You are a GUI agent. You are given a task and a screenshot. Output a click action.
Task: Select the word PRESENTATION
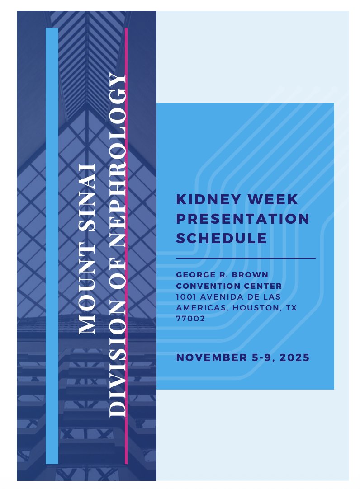[243, 219]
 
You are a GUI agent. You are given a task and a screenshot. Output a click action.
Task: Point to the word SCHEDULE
[221, 238]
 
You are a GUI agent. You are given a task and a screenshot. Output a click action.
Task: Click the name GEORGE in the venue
[194, 275]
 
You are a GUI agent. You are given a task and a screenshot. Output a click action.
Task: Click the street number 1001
[185, 297]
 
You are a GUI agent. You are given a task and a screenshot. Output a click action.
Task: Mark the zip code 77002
[190, 319]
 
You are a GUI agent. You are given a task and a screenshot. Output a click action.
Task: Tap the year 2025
[294, 357]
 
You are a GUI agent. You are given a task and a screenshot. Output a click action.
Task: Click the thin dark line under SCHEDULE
[246, 258]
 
